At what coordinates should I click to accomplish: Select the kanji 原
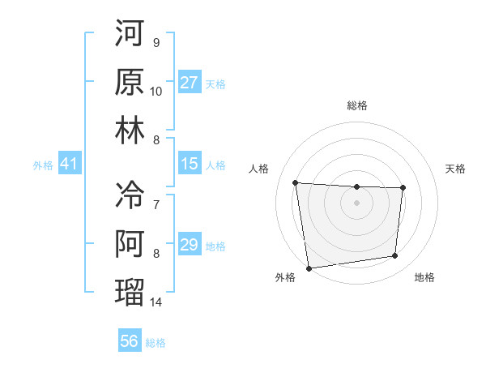coord(130,81)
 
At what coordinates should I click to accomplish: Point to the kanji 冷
coord(130,195)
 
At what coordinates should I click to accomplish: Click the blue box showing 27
coord(190,83)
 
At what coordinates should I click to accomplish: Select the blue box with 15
coord(190,165)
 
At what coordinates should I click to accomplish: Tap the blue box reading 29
coord(190,246)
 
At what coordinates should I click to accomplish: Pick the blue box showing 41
coord(69,165)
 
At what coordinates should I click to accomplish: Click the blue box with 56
coord(130,341)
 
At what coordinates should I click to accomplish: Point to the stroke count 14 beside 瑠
coord(156,302)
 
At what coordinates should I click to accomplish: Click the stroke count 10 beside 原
coord(156,91)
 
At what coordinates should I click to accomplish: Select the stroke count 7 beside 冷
coord(156,204)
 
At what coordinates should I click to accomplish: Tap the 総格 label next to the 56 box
coord(156,343)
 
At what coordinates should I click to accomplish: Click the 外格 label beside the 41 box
coord(43,165)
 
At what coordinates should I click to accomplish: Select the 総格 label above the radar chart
coord(356,105)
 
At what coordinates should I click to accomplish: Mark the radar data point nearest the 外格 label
coord(308,268)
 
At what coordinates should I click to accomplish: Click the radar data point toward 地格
coord(395,256)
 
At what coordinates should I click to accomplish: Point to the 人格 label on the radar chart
coord(259,169)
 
